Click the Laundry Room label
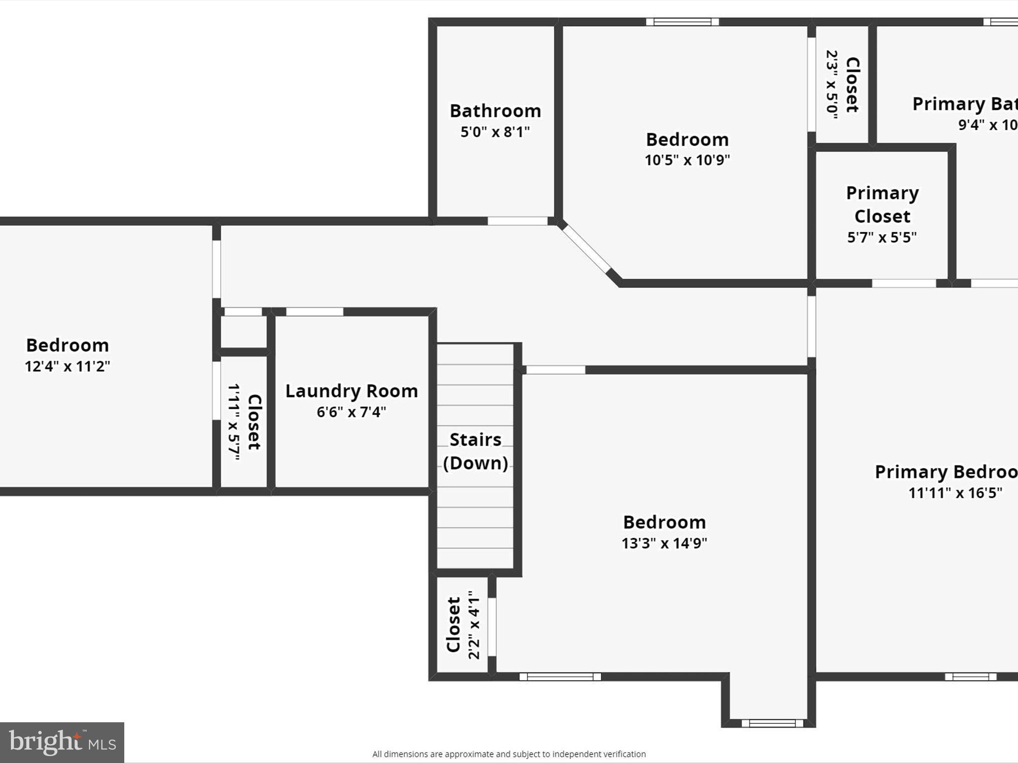coord(351,391)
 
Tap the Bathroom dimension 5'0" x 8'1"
coord(495,132)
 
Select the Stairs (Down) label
coord(476,451)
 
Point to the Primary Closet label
coord(882,204)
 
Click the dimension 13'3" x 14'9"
coord(664,543)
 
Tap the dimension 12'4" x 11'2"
coord(68,367)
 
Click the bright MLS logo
coord(62,742)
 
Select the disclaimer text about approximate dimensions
coord(509,754)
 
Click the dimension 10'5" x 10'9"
coord(687,160)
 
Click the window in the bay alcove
coord(772,723)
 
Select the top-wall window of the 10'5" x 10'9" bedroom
coord(682,22)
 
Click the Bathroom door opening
coord(517,221)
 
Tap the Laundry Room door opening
coord(315,312)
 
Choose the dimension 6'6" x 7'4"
coord(351,412)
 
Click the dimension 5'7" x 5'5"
coord(882,238)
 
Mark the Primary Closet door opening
coord(904,283)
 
